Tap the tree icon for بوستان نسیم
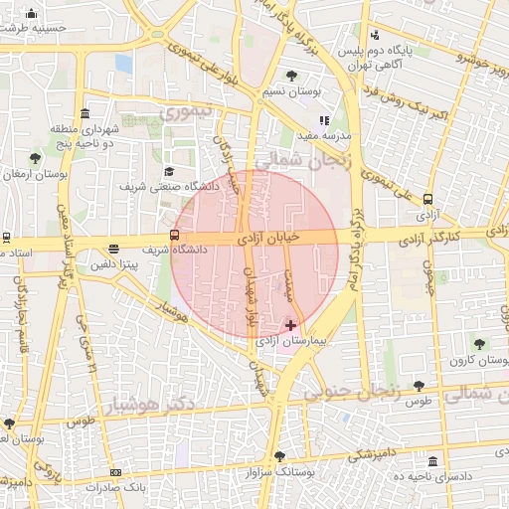290,76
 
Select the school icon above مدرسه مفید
324,120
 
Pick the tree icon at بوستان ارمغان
36,158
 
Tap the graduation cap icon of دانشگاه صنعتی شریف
168,171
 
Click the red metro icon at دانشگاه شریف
175,236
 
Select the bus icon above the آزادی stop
427,199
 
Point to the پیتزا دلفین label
117,264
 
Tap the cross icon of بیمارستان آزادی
290,324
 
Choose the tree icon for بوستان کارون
479,343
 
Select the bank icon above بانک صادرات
115,472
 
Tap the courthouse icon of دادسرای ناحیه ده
432,461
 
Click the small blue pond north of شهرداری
123,63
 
